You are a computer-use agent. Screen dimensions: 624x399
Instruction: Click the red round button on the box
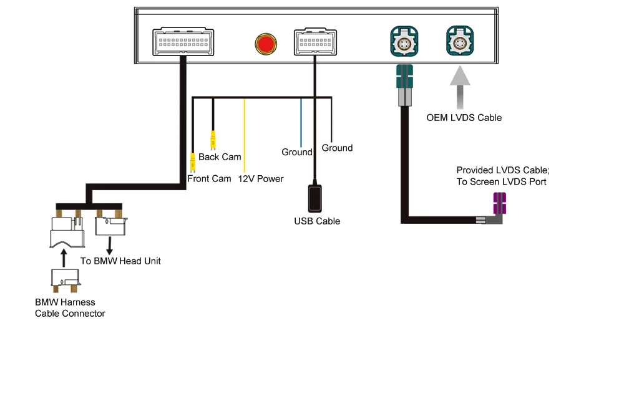point(265,44)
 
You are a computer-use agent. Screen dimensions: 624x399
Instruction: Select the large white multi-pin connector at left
point(183,41)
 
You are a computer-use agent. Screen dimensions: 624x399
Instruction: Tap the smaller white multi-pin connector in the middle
point(315,41)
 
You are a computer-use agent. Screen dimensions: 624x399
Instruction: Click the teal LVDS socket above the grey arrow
point(460,41)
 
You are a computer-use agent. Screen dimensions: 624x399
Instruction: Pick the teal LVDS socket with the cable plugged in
point(404,41)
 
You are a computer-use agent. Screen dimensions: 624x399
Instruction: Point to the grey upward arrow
point(460,87)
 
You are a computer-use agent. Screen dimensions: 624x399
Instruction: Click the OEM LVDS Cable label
point(464,118)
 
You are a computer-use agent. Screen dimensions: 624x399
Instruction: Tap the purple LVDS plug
point(499,203)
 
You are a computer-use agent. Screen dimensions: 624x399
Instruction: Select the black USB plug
point(314,198)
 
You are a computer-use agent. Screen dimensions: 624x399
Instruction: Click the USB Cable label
point(317,221)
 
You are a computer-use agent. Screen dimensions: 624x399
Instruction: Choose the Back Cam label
point(220,157)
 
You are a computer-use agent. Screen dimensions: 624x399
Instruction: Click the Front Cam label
point(209,179)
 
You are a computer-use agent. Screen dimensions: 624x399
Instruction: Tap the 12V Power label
point(261,179)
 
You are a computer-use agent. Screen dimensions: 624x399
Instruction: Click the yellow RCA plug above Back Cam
point(213,140)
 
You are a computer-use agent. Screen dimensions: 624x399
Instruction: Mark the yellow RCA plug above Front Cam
point(193,162)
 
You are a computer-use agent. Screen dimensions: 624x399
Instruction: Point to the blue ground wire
point(301,123)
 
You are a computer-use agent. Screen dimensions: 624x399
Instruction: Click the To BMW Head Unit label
point(120,261)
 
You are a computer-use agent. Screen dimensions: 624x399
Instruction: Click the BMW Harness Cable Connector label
point(70,308)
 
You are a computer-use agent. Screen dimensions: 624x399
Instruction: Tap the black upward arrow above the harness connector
point(64,258)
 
